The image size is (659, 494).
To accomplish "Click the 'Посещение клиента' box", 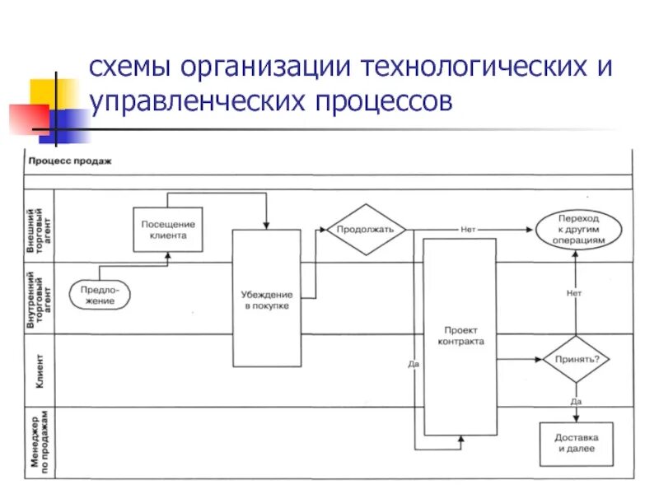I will pos(168,230).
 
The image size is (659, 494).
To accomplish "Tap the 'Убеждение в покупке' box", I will pos(265,299).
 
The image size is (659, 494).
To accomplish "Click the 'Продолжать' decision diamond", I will pos(366,229).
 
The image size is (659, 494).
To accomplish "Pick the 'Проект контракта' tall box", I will pos(460,336).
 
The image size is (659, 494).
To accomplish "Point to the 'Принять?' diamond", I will pos(575,358).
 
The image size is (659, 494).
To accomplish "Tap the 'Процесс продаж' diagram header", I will pos(70,161).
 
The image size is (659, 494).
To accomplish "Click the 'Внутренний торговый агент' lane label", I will pos(40,298).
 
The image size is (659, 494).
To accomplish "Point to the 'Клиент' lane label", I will pos(40,370).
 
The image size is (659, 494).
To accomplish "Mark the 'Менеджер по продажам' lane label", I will pos(40,442).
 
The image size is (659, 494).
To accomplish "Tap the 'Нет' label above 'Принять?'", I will pos(575,293).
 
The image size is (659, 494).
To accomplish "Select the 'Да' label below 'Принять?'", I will pos(576,401).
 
